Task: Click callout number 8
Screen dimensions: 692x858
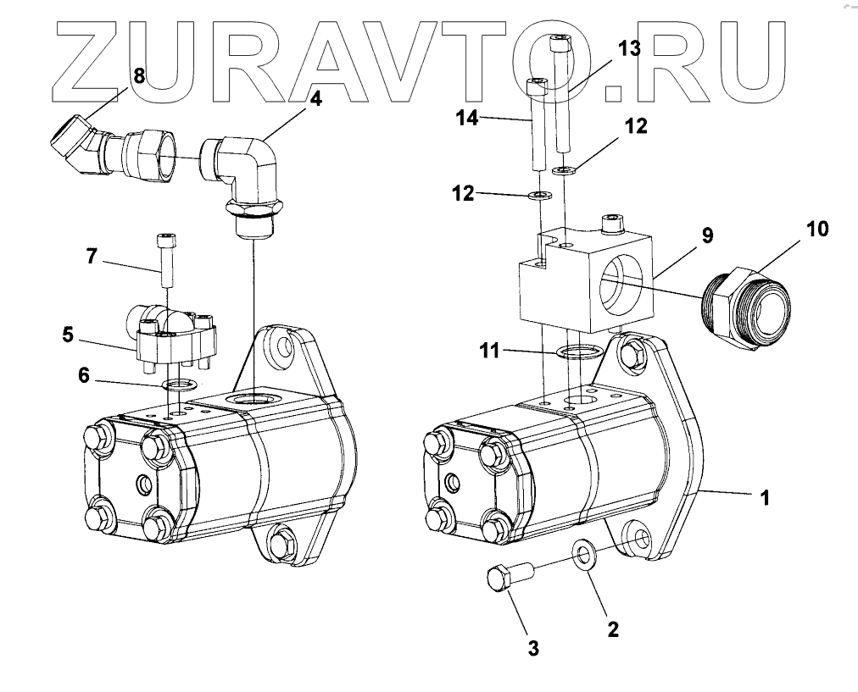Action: (x=139, y=75)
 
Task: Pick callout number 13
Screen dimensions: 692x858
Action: (x=630, y=48)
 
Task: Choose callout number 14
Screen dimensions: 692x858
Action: (x=467, y=119)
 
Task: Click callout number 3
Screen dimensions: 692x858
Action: (x=533, y=649)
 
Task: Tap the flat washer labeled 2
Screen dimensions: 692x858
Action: (x=584, y=556)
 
